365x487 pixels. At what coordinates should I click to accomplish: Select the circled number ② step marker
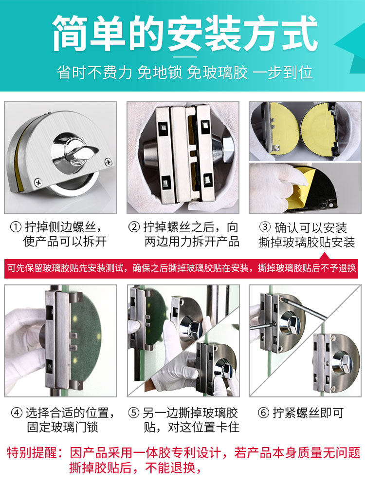tap(134, 227)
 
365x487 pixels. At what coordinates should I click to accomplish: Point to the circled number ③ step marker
tap(265, 227)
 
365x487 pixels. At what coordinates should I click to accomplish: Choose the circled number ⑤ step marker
tap(134, 413)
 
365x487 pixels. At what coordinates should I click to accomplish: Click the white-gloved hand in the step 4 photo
tap(22, 348)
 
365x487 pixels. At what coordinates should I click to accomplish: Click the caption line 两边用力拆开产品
tap(192, 242)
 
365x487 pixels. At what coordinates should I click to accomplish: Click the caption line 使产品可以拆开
tap(65, 242)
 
